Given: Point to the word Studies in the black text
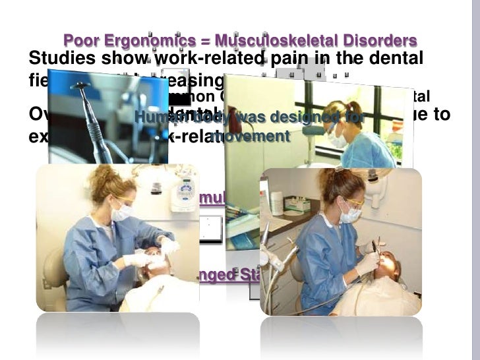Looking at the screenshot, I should (61, 58).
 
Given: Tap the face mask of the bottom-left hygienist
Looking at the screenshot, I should (121, 212).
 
